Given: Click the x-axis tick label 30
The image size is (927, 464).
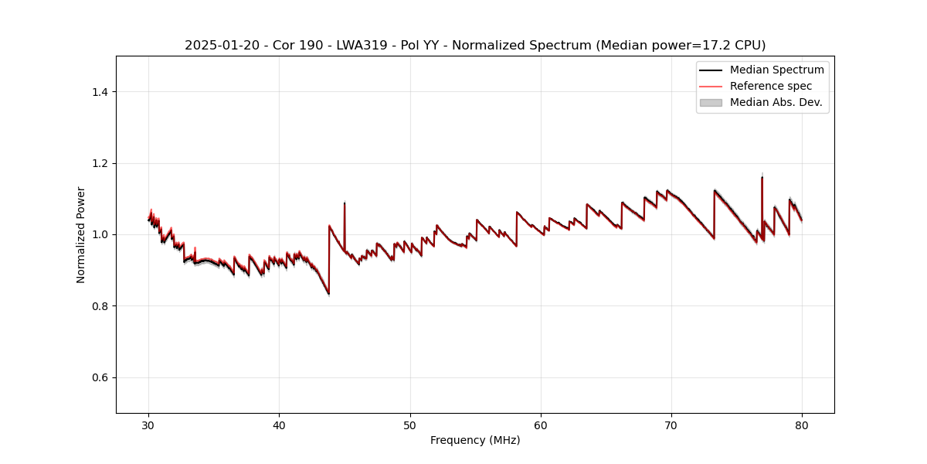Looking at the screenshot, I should [x=148, y=425].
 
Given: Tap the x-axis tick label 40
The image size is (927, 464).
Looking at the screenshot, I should [x=279, y=425].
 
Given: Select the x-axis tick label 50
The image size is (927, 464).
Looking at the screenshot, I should [x=410, y=425].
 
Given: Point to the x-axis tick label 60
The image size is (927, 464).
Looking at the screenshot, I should [x=541, y=425].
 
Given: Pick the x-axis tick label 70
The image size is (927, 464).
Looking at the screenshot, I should [x=671, y=425].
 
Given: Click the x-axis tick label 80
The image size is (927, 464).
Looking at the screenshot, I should [x=802, y=425].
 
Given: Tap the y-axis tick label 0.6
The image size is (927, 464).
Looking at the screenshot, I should [x=100, y=377].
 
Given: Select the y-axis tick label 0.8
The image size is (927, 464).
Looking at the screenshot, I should [x=100, y=306].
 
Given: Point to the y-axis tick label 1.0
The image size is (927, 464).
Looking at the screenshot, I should [x=100, y=234].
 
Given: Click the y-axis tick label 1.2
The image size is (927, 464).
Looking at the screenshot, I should [x=100, y=163].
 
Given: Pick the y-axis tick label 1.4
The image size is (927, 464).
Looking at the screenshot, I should [x=100, y=92].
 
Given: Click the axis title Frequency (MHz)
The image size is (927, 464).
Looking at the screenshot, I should [x=475, y=440].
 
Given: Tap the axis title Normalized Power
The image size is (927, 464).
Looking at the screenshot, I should [x=81, y=234].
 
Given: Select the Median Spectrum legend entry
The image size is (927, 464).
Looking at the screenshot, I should [x=776, y=70].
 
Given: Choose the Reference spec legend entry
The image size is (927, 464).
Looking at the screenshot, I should [x=770, y=86].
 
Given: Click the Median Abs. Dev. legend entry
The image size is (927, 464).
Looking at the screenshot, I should [x=776, y=102].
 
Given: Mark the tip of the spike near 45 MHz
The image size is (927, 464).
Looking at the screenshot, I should [x=345, y=203].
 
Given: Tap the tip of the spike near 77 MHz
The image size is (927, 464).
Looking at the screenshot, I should [x=762, y=176].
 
